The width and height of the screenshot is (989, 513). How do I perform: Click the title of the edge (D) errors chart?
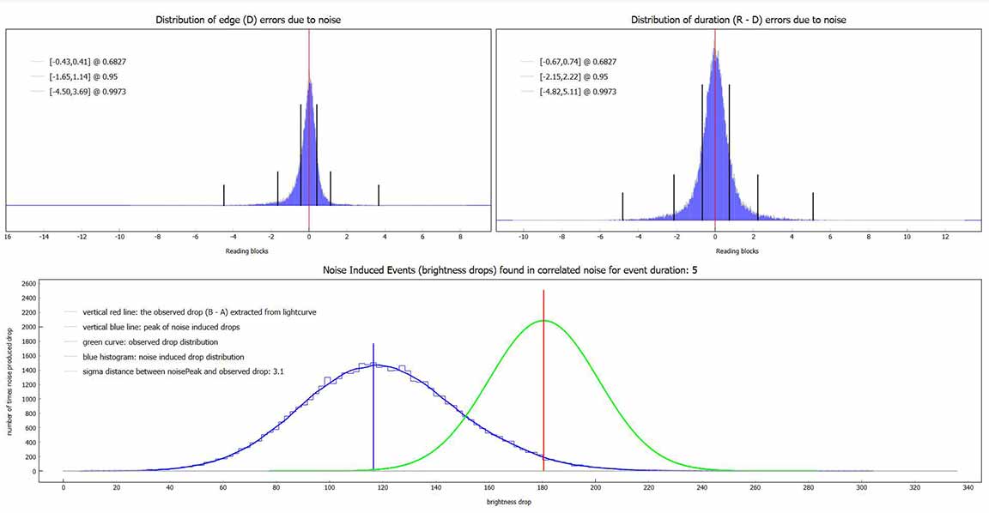248,20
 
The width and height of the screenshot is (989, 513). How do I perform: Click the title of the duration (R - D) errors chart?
738,20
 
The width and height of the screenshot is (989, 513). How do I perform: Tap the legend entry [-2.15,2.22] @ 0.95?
572,76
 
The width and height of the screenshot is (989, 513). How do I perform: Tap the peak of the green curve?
543,321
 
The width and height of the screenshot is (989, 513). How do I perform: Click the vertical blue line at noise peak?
373,412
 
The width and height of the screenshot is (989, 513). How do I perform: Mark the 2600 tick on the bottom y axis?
27,283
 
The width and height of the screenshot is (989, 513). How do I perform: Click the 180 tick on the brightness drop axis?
543,486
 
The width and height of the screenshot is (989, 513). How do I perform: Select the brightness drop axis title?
510,502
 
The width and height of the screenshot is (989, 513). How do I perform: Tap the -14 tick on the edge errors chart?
43,237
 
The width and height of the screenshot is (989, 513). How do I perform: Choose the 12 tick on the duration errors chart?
945,236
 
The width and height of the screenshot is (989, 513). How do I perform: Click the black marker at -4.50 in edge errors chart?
224,195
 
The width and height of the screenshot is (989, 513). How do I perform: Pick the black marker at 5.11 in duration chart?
813,206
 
